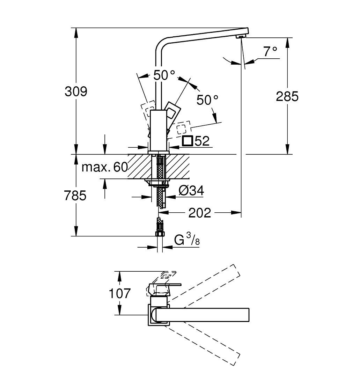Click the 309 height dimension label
coord(76,91)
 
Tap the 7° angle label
coord(270,51)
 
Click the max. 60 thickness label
coord(104,167)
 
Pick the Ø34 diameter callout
coord(191,191)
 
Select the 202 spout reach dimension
coord(200,212)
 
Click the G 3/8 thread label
coord(187,240)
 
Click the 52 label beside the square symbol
coord(202,141)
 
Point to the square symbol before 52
coord(188,141)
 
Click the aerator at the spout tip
coord(241,37)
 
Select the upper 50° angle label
coord(164,75)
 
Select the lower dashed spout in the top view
coord(206,344)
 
